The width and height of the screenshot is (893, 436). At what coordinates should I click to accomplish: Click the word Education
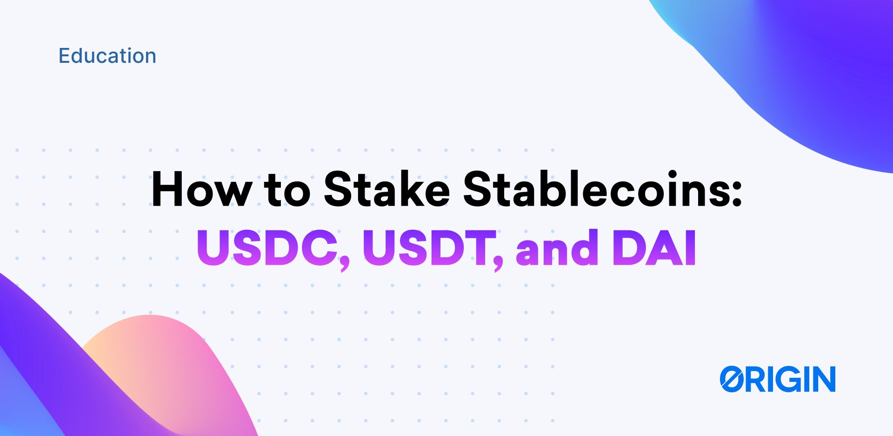pyautogui.click(x=107, y=56)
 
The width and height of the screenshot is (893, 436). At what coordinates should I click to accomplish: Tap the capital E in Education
pyautogui.click(x=64, y=56)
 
